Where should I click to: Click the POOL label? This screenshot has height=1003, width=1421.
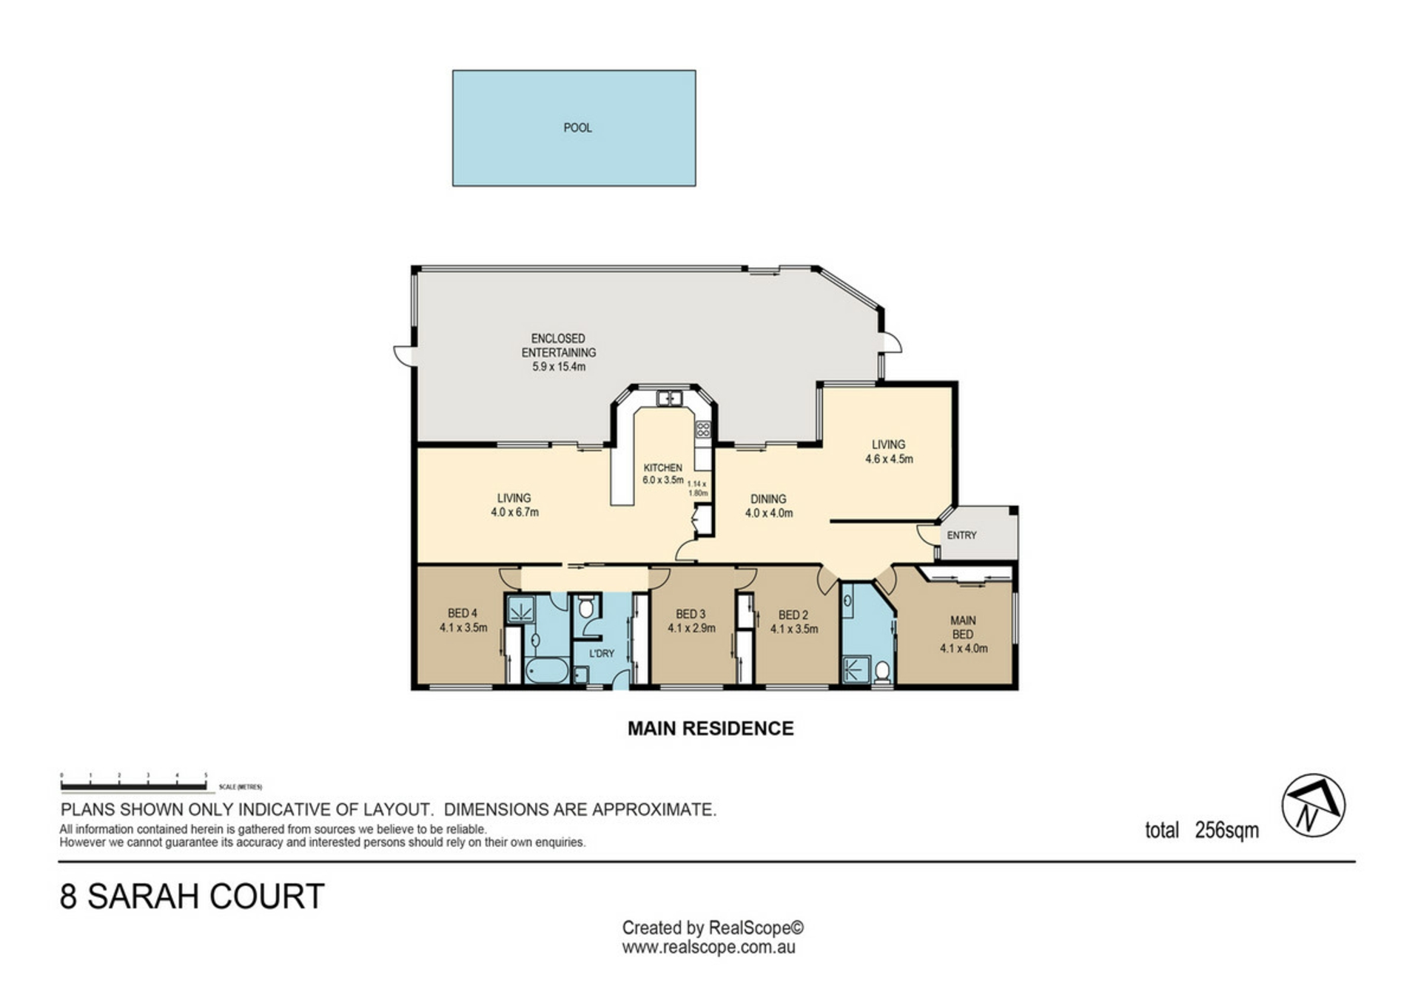click(x=577, y=128)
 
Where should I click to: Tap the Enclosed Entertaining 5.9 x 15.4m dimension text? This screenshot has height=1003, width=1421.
click(x=559, y=367)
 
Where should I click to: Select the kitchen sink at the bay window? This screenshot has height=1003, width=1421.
click(x=668, y=399)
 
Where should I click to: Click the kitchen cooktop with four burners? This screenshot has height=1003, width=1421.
click(x=702, y=429)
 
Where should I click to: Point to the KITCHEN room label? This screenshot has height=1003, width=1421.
click(x=662, y=468)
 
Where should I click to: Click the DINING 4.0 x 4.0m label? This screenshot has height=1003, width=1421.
click(x=768, y=506)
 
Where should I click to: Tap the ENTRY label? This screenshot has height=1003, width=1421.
click(x=961, y=536)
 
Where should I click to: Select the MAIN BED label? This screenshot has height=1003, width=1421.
click(x=963, y=627)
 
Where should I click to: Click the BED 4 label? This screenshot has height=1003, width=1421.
click(x=463, y=613)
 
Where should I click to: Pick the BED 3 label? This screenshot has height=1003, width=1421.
click(x=691, y=614)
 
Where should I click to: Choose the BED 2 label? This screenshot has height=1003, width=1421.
click(x=793, y=615)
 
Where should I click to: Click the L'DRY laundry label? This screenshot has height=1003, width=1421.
click(x=602, y=654)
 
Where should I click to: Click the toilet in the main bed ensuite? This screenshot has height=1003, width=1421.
click(x=881, y=672)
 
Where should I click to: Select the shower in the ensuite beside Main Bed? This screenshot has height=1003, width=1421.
click(x=855, y=669)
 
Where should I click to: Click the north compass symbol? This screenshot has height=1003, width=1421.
click(x=1313, y=806)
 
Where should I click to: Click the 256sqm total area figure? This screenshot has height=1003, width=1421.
click(x=1226, y=831)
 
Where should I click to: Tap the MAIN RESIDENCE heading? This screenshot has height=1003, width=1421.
click(x=710, y=729)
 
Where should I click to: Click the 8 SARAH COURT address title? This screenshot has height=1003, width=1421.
click(x=192, y=896)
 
